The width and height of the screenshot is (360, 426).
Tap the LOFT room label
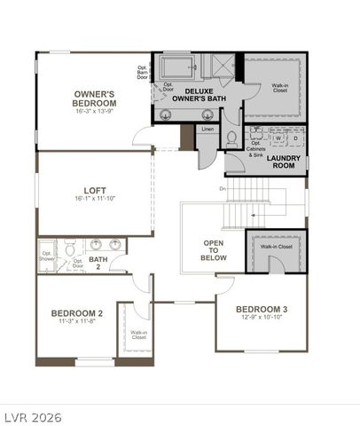96,189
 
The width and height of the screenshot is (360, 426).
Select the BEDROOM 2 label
76,313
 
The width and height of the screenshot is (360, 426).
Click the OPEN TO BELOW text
214,250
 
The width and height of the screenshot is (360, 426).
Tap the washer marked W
278,138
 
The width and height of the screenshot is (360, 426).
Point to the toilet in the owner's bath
231,137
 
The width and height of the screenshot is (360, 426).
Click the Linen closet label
207,130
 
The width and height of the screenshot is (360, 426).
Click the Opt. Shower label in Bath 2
47,257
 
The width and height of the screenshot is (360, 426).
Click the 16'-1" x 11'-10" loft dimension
96,200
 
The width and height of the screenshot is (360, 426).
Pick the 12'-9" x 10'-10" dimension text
262,319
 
